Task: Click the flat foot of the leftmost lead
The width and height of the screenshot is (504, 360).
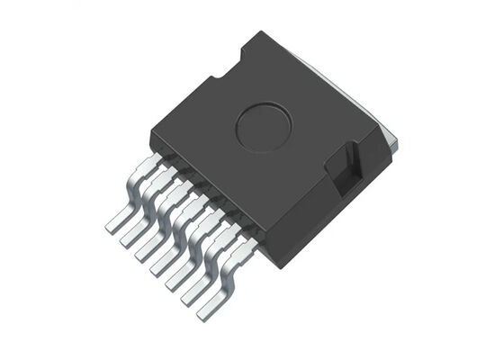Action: pos(115,222)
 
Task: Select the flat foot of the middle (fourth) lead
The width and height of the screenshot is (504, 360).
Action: pos(161,266)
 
